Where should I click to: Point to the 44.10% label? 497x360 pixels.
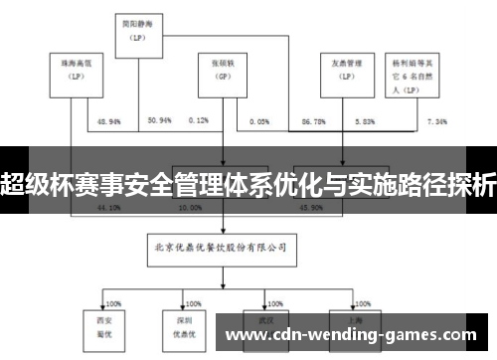(x=108, y=209)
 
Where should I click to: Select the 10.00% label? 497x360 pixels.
(x=188, y=209)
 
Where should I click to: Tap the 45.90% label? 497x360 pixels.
(x=298, y=209)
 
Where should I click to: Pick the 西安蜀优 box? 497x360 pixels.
(x=103, y=326)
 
